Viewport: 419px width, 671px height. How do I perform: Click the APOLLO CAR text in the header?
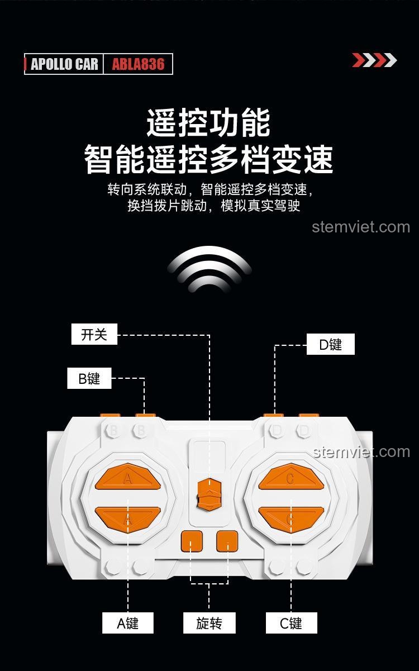pos(64,64)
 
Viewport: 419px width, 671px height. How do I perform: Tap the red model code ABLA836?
pos(138,64)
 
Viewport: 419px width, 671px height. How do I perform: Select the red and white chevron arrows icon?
pos(374,60)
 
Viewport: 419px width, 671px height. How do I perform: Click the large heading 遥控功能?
pos(208,123)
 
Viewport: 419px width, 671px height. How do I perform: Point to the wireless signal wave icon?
pos(209,269)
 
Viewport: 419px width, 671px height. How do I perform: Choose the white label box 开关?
pos(94,335)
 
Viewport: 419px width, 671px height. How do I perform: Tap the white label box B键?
pos(89,378)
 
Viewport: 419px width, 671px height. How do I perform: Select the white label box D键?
pos(330,345)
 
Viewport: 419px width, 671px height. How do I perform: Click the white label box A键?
pos(127,623)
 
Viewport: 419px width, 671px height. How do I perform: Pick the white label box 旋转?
pos(209,623)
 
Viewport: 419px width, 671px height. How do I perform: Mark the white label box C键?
pos(291,623)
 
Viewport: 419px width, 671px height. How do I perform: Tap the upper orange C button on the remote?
pos(291,478)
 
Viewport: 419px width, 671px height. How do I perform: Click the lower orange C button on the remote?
pos(291,517)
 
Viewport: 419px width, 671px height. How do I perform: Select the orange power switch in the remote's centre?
pos(209,493)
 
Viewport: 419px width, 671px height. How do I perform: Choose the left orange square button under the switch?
pos(191,541)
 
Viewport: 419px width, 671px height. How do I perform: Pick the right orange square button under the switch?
pos(227,541)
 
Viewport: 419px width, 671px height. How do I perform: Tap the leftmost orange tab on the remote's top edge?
pos(110,416)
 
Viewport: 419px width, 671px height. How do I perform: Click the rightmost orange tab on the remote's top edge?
pos(308,416)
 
